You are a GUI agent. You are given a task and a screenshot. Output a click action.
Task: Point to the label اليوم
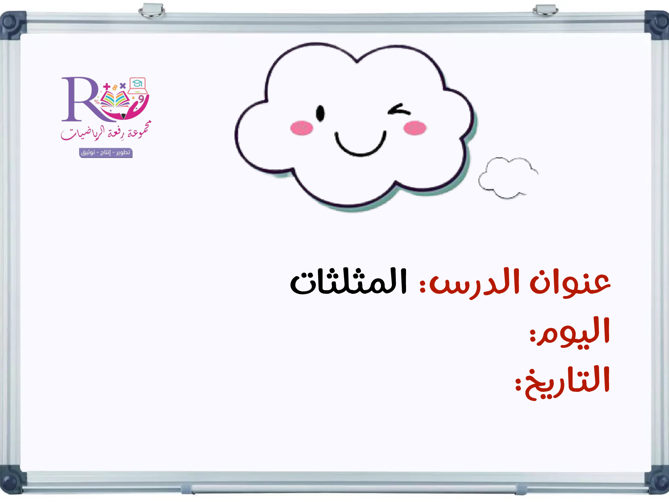pos(570,332)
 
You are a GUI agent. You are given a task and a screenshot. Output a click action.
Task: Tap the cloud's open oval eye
pos(320,113)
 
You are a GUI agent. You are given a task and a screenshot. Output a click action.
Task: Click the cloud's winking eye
pos(399,110)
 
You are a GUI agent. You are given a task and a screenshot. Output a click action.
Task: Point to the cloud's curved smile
pos(360,144)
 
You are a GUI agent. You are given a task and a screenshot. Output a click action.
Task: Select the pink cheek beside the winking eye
pos(415,128)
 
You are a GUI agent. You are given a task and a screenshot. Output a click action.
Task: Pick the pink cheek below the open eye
pos(301,128)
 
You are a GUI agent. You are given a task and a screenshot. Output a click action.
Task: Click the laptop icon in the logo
pos(138,85)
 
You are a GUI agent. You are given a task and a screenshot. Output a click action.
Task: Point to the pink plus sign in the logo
pos(107,86)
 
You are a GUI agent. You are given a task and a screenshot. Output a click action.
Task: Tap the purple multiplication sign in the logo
pos(123,85)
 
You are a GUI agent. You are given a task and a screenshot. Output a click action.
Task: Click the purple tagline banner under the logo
pos(106,153)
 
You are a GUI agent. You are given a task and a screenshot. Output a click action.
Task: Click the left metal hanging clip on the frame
pos(152,11)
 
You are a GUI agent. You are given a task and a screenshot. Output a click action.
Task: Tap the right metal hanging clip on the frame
pos(546,10)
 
